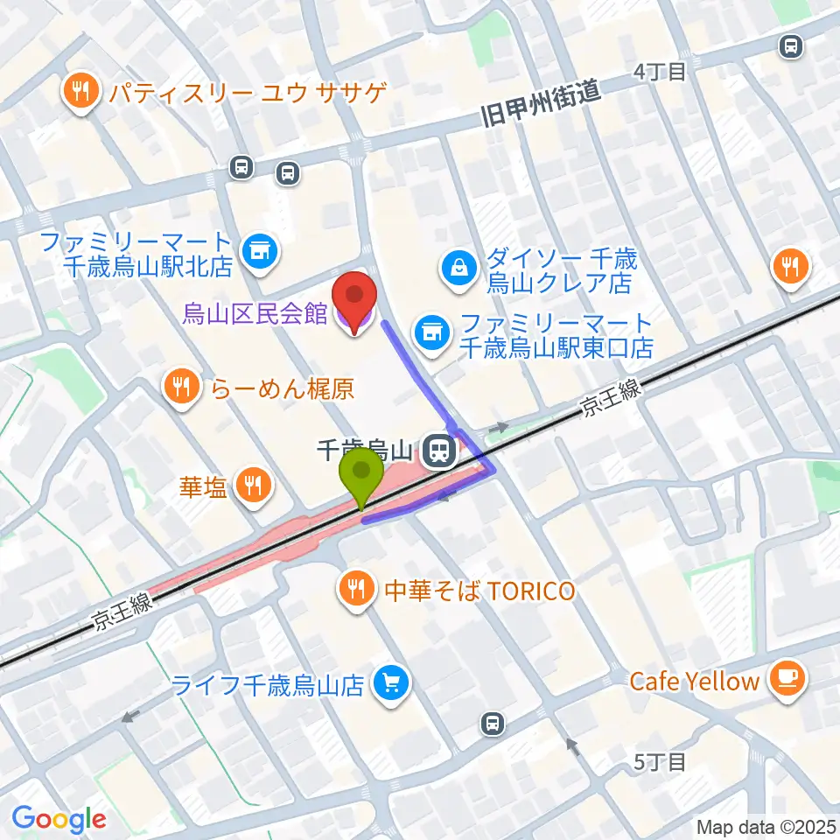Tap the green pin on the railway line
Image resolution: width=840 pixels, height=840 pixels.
tap(360, 473)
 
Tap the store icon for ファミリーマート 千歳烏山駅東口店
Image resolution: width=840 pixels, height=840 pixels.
tap(430, 332)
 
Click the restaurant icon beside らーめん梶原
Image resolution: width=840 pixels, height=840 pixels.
tap(182, 388)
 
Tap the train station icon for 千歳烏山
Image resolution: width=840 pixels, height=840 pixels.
tap(437, 452)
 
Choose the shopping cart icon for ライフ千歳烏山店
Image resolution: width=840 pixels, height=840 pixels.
tap(390, 683)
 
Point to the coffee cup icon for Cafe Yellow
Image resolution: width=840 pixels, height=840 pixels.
tap(786, 679)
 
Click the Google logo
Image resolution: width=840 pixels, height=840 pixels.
tap(59, 819)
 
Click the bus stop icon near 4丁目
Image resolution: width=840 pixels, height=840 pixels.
tap(791, 45)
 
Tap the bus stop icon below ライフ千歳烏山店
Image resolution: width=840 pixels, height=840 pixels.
tap(493, 723)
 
